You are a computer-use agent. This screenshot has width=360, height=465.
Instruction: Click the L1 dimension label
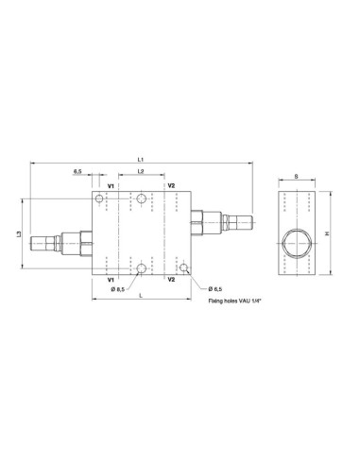coord(141,160)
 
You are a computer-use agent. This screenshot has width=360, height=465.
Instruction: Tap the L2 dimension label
coord(141,171)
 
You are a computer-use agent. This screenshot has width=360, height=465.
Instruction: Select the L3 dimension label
coord(19,233)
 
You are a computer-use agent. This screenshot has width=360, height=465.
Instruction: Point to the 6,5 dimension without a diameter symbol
coord(77,171)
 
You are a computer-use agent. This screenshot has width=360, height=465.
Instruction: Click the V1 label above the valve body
coord(111,186)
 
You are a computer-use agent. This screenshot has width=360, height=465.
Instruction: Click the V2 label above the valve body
coord(171,185)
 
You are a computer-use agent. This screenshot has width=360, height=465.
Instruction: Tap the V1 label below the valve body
coord(111,280)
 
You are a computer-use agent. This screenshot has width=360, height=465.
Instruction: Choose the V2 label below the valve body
coord(171,280)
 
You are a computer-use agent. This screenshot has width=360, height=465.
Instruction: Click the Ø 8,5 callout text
coord(118,289)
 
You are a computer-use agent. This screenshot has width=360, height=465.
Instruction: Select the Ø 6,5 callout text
coord(215,288)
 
